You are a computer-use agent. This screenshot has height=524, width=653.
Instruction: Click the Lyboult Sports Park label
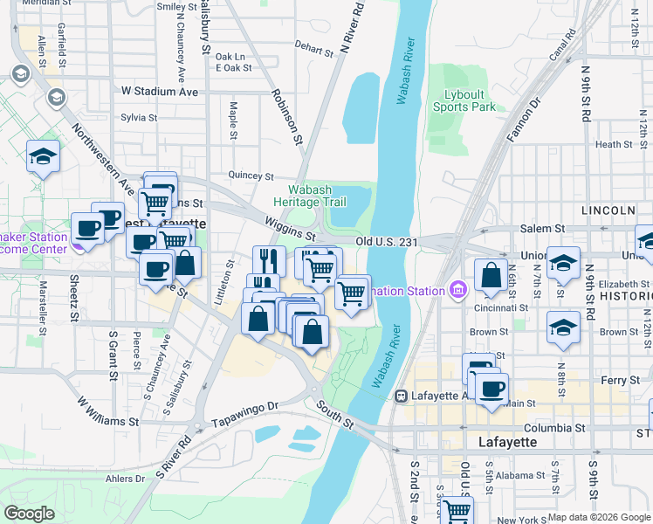coord(464,100)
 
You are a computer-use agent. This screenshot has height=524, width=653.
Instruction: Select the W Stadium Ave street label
coord(160,91)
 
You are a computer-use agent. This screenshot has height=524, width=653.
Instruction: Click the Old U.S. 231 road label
coord(390,241)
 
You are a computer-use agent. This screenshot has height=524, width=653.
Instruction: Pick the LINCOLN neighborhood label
coord(608,210)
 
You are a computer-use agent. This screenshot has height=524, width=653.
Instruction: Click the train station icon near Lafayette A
coord(401,396)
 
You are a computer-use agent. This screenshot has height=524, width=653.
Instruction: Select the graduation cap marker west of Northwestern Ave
coord(43,157)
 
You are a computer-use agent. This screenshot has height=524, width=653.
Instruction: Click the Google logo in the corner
coord(30,514)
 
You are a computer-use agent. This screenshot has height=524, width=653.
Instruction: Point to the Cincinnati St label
coord(501,307)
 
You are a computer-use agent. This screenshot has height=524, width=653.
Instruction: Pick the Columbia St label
coord(554,429)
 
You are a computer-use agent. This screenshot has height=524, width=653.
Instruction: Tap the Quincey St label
coord(251,176)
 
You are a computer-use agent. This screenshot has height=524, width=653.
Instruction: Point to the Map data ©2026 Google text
coord(599,517)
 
